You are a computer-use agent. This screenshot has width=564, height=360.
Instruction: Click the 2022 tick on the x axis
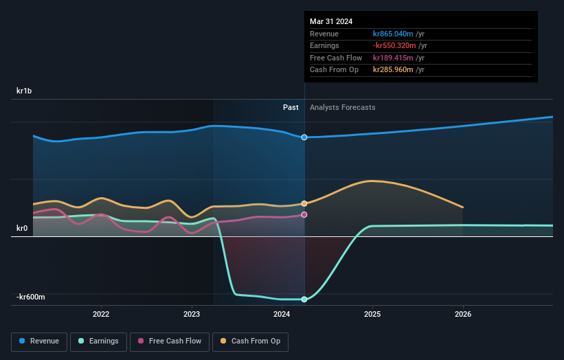(x=101, y=315)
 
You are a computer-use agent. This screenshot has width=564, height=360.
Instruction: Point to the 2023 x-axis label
(x=192, y=315)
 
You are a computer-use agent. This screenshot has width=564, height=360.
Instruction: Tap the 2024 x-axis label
(x=282, y=315)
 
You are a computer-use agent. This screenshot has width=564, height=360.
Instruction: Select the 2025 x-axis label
(x=372, y=315)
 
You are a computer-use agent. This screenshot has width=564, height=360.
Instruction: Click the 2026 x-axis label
(x=463, y=315)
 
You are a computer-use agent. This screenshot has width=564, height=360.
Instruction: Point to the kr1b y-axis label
(x=25, y=91)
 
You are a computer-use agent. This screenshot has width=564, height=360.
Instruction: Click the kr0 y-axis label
(x=23, y=228)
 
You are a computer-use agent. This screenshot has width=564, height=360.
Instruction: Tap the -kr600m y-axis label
(x=31, y=297)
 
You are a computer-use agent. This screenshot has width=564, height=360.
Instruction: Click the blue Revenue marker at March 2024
(x=304, y=137)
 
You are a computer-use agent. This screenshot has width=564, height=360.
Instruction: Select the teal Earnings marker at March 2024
(x=304, y=300)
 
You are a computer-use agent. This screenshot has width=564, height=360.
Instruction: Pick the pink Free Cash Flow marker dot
(x=304, y=215)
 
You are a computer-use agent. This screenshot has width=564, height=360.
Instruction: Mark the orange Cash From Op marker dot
(x=304, y=203)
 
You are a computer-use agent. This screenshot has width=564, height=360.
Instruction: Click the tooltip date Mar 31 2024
(x=331, y=21)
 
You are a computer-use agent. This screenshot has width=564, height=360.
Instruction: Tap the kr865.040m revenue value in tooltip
(x=394, y=34)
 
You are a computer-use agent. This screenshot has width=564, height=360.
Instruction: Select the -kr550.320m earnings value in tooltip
(x=395, y=46)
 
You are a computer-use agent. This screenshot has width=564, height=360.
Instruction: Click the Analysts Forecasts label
(x=343, y=107)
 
